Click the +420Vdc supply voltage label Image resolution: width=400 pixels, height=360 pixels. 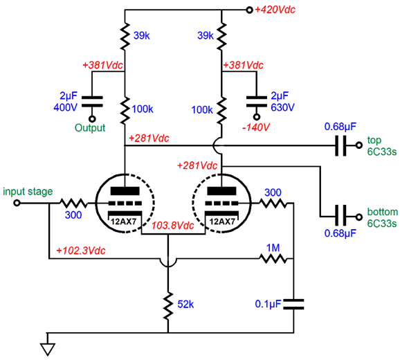(x=275, y=10)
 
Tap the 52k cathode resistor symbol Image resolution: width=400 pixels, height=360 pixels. (x=168, y=306)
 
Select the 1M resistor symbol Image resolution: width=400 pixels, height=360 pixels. (x=273, y=259)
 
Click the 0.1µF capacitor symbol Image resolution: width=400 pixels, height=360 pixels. (x=293, y=304)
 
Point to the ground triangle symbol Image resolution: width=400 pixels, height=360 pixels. (x=48, y=349)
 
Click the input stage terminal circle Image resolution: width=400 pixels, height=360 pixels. (x=17, y=203)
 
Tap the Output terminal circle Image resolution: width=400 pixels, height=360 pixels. (x=92, y=119)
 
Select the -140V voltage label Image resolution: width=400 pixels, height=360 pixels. (x=256, y=127)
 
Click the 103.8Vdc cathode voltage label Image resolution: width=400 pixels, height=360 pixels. (x=173, y=226)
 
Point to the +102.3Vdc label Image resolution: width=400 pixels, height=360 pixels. (x=80, y=251)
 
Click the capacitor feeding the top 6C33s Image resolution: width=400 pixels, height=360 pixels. (x=340, y=145)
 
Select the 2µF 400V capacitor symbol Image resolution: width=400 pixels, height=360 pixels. (x=92, y=102)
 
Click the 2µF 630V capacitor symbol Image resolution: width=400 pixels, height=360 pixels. (x=257, y=102)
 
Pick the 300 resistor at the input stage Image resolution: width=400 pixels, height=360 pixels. (x=73, y=203)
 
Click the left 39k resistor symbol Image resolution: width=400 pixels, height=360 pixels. (x=125, y=36)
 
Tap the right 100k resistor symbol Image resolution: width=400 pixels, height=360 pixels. (x=221, y=110)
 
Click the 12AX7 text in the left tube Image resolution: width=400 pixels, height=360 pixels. (x=124, y=222)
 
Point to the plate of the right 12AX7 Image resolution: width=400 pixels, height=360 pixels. (x=221, y=191)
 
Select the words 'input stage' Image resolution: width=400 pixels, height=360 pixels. (x=28, y=192)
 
